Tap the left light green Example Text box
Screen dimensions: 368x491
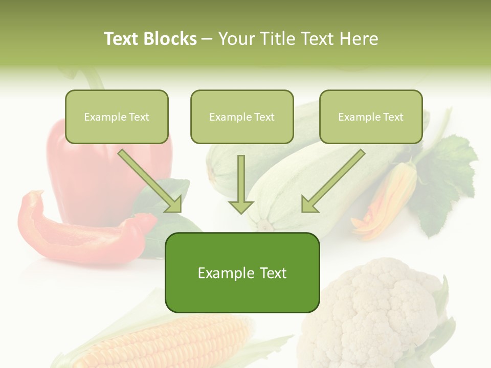117,117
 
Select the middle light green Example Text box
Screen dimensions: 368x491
242,117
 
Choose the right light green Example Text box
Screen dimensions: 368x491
371,117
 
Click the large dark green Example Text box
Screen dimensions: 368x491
242,273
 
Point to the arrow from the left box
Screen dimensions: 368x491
151,181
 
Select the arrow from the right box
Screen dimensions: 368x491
332,181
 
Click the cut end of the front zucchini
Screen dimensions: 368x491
264,224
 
